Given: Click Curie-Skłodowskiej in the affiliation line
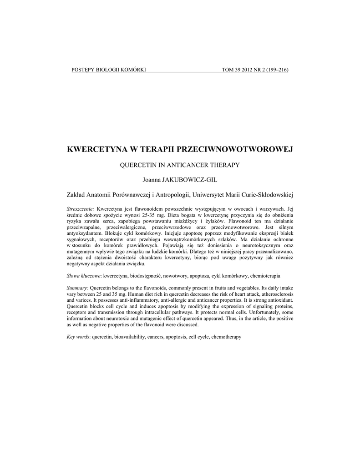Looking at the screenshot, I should click(265, 195).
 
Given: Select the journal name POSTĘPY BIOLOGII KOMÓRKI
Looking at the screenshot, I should click(109, 70).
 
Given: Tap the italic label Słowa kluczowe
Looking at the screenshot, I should click(83, 276).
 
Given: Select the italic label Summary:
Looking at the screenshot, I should click(77, 288).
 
